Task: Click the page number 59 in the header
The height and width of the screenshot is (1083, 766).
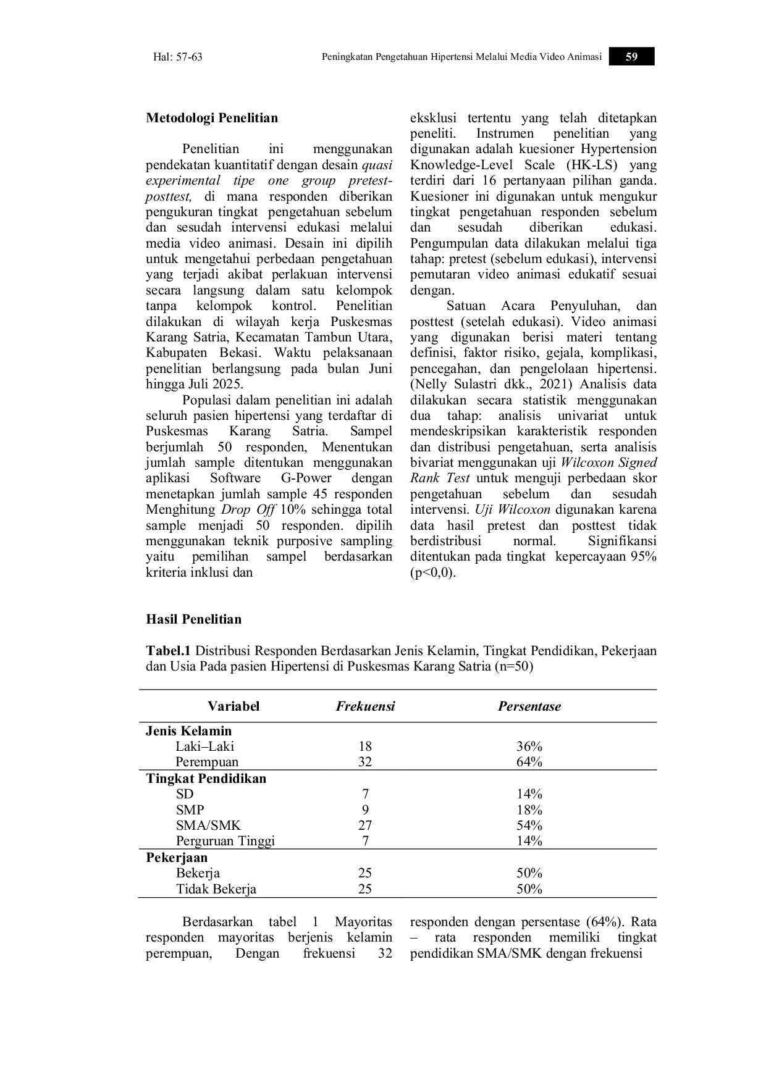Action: point(631,57)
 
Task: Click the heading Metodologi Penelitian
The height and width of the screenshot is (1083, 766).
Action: point(212,118)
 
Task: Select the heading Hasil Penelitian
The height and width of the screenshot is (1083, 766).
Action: point(193,619)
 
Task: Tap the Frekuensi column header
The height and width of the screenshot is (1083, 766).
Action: point(365,706)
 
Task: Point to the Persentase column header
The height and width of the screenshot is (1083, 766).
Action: point(529,706)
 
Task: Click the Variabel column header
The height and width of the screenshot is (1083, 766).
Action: point(234,706)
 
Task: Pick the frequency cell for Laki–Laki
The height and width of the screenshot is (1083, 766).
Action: point(365,746)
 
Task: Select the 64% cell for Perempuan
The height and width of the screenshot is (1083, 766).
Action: point(529,762)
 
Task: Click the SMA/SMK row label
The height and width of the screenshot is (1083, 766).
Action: point(208,826)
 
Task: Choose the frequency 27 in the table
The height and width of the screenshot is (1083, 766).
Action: point(365,826)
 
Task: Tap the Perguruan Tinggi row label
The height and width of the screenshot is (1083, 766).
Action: point(225,841)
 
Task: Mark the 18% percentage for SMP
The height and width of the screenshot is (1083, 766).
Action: point(529,810)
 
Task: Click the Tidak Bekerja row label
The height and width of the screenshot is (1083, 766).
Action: point(216,889)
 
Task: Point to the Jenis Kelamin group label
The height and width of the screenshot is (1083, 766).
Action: point(189,731)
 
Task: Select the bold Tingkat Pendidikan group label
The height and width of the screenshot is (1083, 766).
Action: point(206,779)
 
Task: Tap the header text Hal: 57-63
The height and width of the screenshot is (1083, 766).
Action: point(178,57)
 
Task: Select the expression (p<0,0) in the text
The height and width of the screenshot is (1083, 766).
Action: point(432,572)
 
